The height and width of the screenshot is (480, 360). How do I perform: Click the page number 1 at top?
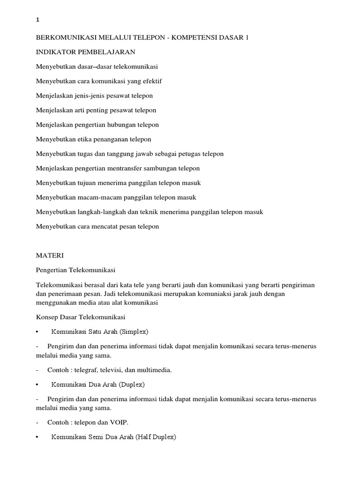pos(37,20)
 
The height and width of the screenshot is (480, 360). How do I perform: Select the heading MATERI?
pos(49,255)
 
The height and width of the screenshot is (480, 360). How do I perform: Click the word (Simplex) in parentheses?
pos(134,332)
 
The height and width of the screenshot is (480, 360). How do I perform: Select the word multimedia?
pos(155,370)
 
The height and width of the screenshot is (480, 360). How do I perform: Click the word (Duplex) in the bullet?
pos(132,384)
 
